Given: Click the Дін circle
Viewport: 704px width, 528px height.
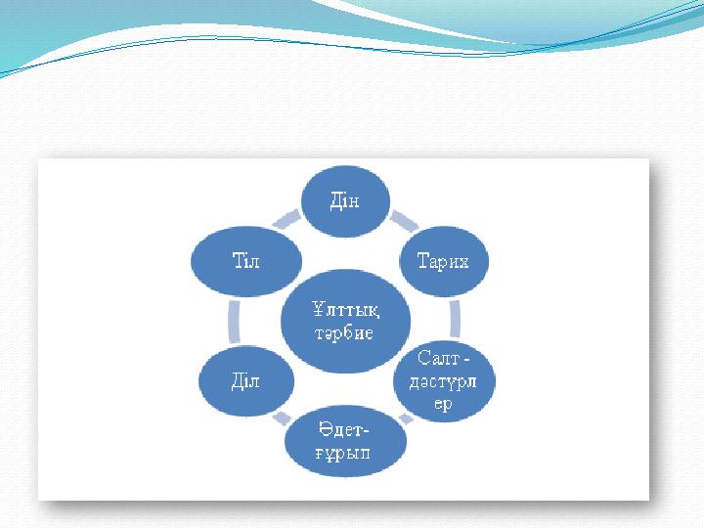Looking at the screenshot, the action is pos(345,200).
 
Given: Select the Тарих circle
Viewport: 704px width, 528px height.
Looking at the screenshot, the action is pos(443,261).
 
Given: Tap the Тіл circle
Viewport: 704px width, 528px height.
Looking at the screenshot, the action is pos(246,261).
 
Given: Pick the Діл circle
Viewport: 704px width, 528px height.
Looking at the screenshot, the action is pos(246,381).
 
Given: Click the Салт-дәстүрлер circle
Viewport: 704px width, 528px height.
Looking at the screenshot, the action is pos(444,381).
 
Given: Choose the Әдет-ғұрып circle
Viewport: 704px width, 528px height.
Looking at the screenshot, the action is pos(345,441).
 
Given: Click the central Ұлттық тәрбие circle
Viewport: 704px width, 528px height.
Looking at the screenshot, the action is pos(345,321).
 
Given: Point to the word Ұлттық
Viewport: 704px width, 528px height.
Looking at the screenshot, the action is pos(345,309).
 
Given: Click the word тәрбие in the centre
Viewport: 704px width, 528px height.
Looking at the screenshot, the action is pos(344,333).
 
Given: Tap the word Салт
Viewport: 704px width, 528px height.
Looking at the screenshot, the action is pos(439,358).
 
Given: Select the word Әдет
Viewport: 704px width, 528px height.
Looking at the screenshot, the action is pos(341,429).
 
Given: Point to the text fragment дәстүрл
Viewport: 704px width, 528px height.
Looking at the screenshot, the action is pos(443,382).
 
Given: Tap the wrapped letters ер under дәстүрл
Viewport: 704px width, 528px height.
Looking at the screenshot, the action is pos(443,404).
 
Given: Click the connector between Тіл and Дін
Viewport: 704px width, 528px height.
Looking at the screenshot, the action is pos(287,219).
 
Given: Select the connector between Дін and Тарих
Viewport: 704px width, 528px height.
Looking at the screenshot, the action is pos(404,220).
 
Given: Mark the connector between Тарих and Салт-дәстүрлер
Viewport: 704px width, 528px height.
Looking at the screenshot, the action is pos(455,319).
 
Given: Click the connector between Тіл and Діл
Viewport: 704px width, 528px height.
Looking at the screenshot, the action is pos(234,322).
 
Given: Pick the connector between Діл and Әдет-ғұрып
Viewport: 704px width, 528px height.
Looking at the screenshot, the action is pos(282,418).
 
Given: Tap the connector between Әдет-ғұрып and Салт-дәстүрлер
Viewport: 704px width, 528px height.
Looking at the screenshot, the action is pos(406,418).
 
